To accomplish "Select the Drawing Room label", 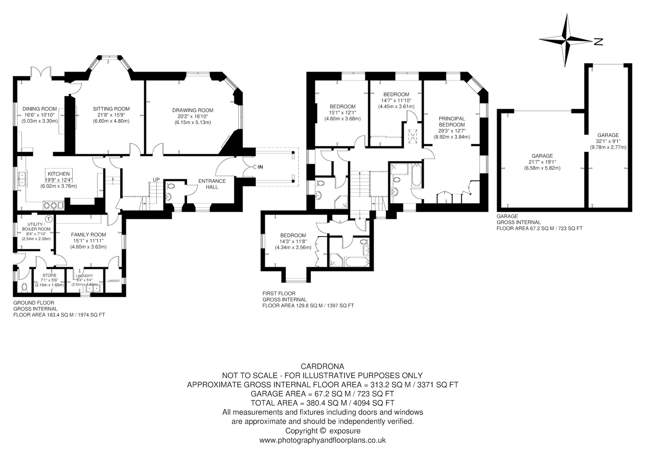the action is [193, 110].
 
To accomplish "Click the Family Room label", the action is [88, 235].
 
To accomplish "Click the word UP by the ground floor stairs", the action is [156, 180].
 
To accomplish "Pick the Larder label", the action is [113, 281].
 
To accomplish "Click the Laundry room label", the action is [84, 276].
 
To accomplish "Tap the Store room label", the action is [49, 275].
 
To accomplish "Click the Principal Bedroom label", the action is [452, 122].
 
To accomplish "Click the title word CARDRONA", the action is [322, 366].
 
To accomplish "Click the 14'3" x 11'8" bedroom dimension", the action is [293, 241].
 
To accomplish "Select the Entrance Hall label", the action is [212, 184].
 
